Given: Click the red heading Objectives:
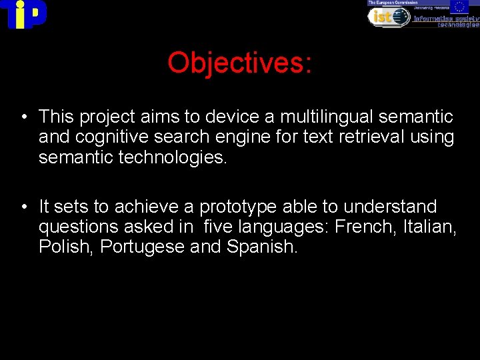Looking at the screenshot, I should [x=239, y=63].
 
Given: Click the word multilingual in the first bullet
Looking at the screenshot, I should [x=326, y=117].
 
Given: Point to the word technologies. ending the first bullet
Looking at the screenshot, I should [x=167, y=157].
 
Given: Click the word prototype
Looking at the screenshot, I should [x=241, y=207].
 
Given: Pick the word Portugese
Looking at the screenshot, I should [x=142, y=247].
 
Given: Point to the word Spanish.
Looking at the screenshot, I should [x=262, y=247].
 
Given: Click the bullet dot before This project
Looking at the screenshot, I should [x=23, y=118].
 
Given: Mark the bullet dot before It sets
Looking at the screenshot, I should [x=23, y=207].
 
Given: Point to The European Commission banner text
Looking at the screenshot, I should [x=390, y=3].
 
